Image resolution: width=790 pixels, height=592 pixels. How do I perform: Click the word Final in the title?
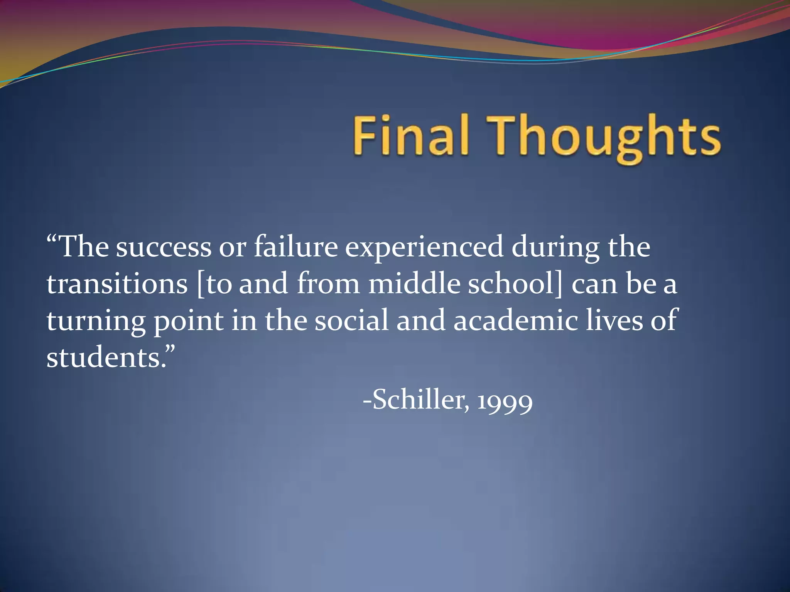pos(410,136)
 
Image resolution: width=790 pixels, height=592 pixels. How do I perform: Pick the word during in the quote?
pos(555,248)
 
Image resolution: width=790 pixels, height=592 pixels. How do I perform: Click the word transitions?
pos(117,284)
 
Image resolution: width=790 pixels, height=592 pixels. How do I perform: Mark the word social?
pos(351,321)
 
